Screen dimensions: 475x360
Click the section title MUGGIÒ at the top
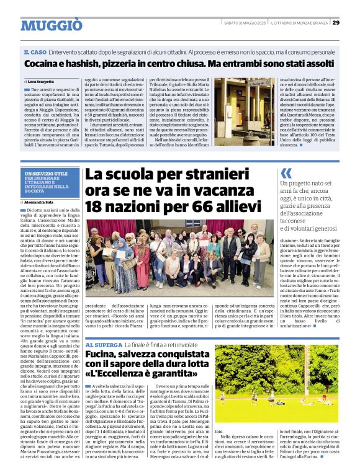click(x=51, y=25)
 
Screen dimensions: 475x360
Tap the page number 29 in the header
click(x=336, y=23)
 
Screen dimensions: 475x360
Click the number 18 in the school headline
click(x=94, y=206)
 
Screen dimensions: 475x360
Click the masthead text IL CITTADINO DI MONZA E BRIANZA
click(x=301, y=23)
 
